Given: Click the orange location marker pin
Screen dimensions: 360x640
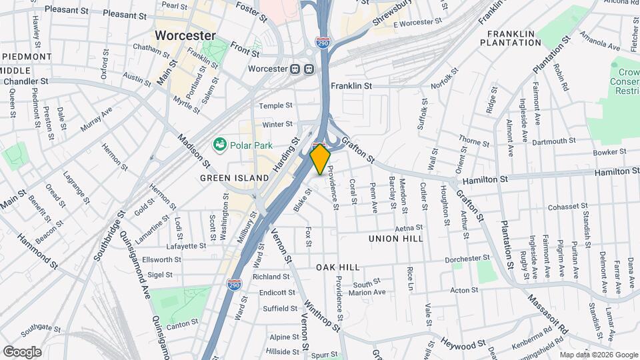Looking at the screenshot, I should pyautogui.click(x=321, y=159).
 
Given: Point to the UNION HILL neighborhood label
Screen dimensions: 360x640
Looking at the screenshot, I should pyautogui.click(x=394, y=237).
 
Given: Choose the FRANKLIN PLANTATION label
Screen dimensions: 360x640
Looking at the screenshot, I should pyautogui.click(x=514, y=38).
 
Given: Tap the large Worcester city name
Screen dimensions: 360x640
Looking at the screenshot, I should pyautogui.click(x=185, y=35).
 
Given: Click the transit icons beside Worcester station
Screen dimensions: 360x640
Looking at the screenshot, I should pyautogui.click(x=302, y=69).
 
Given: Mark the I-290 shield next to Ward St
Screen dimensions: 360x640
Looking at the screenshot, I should pyautogui.click(x=234, y=285).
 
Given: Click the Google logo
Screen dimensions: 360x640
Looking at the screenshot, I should pyautogui.click(x=23, y=351).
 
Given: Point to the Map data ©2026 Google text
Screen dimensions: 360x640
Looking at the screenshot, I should pyautogui.click(x=599, y=355).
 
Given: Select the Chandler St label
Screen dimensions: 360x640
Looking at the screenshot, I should pyautogui.click(x=26, y=81).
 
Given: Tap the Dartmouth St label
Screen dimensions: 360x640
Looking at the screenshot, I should pyautogui.click(x=554, y=141).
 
